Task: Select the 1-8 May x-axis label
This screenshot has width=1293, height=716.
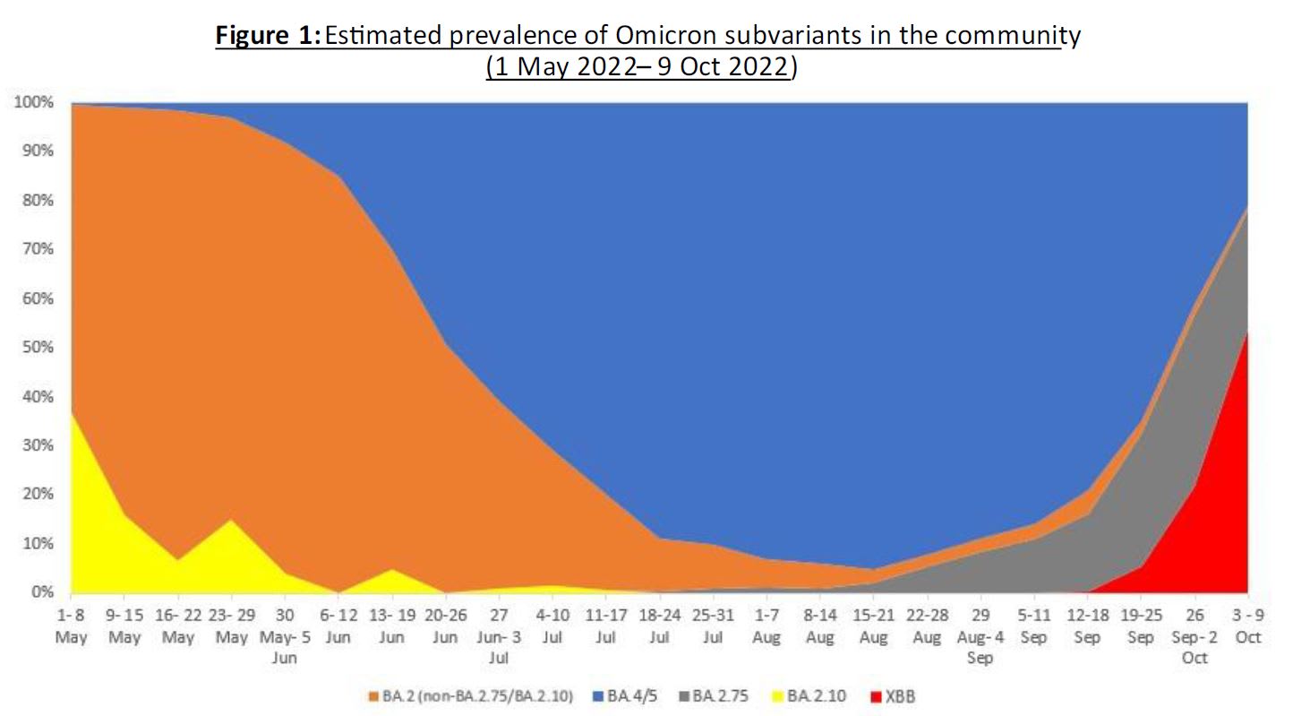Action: point(72,625)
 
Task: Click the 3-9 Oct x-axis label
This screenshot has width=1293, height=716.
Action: point(1247,625)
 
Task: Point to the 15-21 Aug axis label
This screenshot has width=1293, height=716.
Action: point(873,625)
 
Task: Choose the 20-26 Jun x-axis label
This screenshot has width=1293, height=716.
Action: point(445,625)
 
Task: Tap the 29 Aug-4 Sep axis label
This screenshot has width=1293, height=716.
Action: point(980,635)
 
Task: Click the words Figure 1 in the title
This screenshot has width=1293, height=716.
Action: point(267,36)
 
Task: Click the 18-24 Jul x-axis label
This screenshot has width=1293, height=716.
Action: point(660,625)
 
